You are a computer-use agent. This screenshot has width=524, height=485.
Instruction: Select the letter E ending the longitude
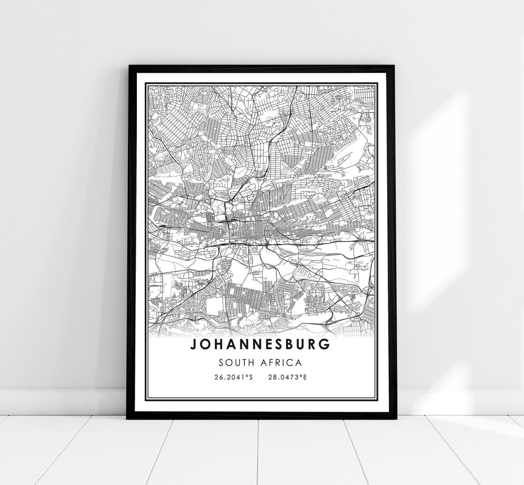point(305,377)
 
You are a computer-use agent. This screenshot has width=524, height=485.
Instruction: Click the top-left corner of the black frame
point(128,65)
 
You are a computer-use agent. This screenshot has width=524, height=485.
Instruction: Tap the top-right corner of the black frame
point(395,65)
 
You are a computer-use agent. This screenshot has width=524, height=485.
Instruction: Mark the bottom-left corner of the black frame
point(128,418)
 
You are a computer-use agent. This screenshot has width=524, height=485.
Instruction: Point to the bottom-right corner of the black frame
point(395,418)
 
